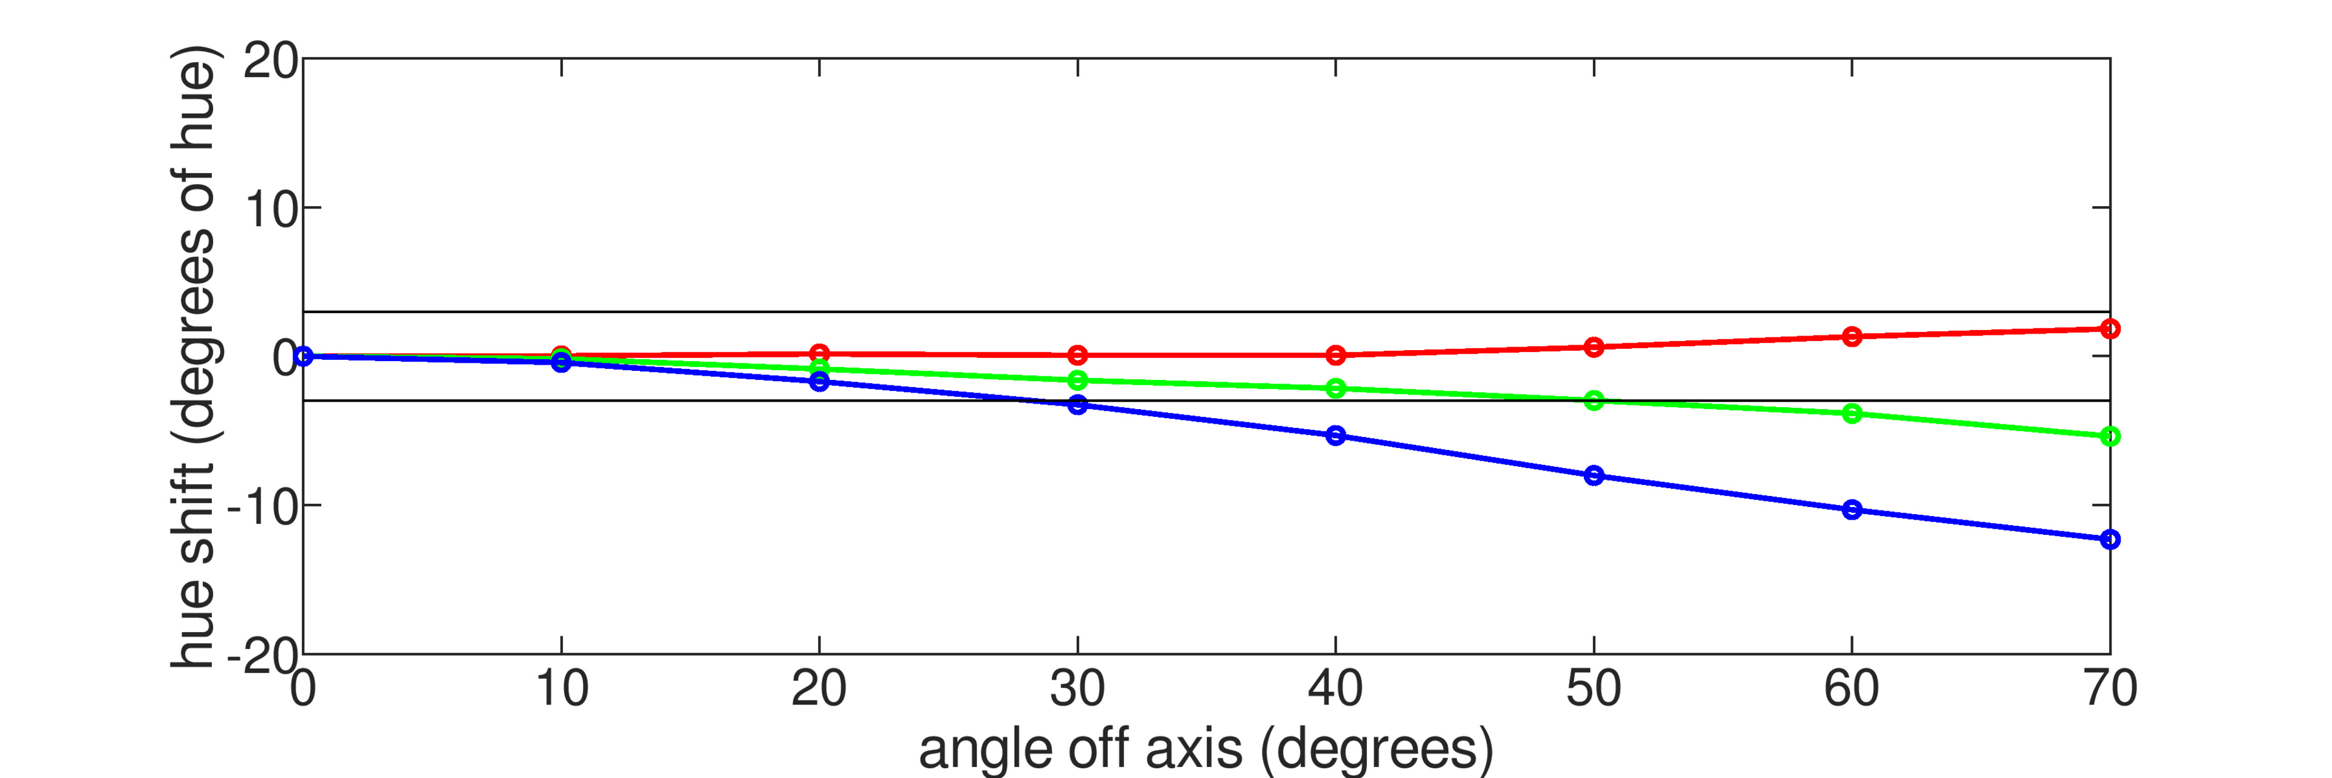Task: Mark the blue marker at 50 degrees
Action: [x=1594, y=475]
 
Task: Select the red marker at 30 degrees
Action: [x=1077, y=355]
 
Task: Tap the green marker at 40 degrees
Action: [x=1335, y=388]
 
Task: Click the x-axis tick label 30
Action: [x=1077, y=690]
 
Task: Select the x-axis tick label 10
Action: [x=561, y=690]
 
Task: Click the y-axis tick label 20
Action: [x=270, y=61]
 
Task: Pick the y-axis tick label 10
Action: [x=270, y=210]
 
